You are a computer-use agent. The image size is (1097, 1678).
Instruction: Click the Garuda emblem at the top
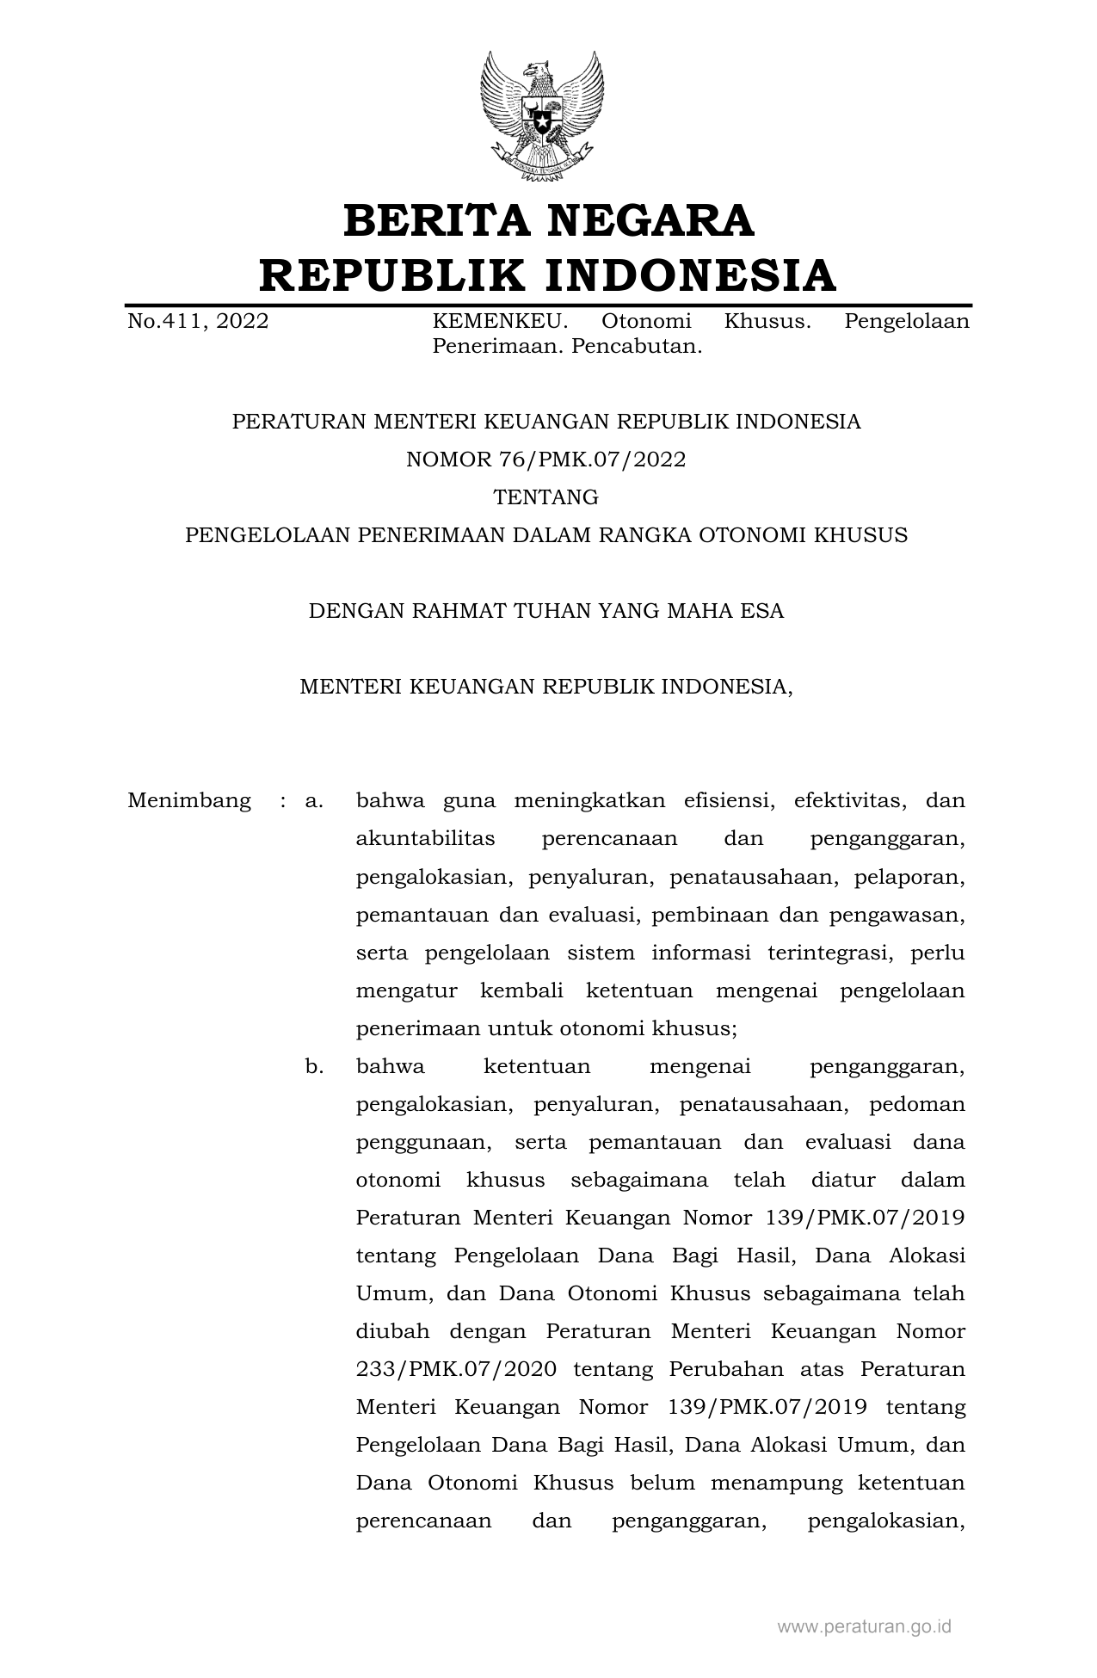(x=541, y=116)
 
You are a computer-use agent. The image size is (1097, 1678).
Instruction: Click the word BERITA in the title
(x=434, y=220)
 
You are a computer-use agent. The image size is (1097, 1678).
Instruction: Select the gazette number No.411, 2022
(x=198, y=322)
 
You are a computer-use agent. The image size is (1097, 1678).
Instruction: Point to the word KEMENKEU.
(x=500, y=322)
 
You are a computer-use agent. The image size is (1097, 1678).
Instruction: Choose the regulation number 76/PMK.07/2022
(x=592, y=460)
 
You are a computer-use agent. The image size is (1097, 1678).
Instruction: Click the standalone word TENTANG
(x=546, y=497)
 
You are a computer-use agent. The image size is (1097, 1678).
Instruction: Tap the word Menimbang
(x=189, y=801)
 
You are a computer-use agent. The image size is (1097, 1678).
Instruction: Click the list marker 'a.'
(x=314, y=801)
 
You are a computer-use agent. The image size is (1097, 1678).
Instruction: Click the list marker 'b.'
(x=314, y=1067)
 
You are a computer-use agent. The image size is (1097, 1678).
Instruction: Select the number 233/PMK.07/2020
(x=456, y=1369)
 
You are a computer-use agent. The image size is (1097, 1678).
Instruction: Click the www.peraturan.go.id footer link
(x=864, y=1627)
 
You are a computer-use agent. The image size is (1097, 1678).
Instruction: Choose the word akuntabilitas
(x=426, y=839)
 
